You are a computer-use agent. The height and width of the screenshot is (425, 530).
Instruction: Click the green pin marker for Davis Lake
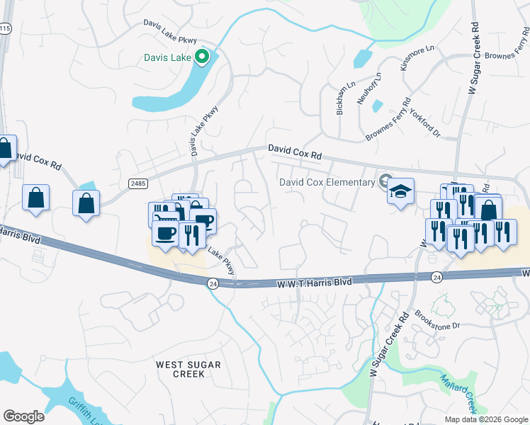point(202,57)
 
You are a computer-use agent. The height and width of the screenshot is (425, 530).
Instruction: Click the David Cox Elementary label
point(327,182)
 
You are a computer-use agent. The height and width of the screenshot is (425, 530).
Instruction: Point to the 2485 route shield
point(138,183)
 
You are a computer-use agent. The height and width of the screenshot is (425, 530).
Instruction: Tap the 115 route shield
point(5,28)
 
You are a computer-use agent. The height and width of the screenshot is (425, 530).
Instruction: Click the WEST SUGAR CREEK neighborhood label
point(188,369)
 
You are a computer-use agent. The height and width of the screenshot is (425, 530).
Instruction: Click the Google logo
point(23,416)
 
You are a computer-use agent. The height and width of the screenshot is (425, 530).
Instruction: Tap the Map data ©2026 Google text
point(485,419)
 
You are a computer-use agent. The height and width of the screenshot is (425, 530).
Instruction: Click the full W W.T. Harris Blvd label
point(312,282)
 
